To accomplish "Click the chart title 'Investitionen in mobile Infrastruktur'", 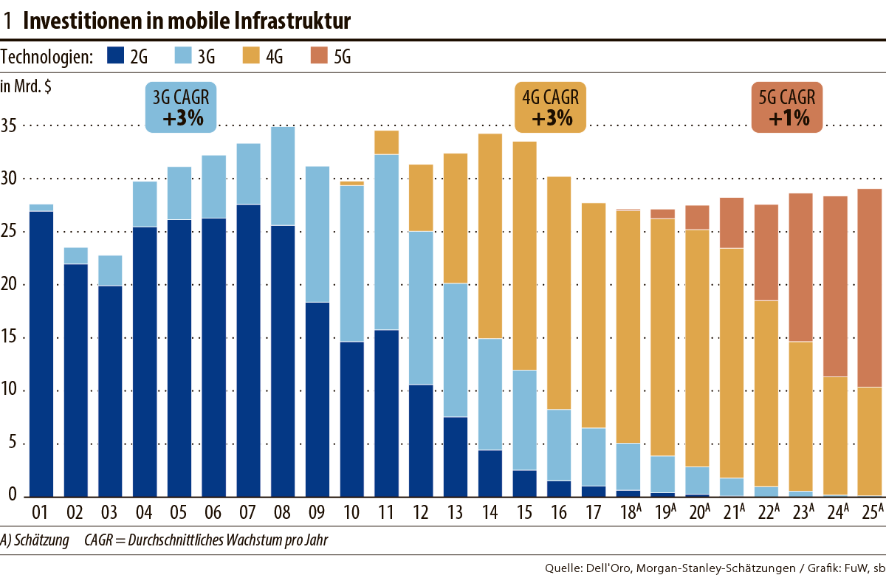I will tap(186, 21).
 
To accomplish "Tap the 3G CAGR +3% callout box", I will tap(180, 108).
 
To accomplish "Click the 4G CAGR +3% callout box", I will tap(550, 108).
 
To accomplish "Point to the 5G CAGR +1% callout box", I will tap(787, 108).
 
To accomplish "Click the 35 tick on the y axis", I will tap(10, 126).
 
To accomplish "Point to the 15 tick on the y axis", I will tap(10, 338).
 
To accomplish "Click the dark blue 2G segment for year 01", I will tap(41, 354).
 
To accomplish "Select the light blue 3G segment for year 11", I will tap(387, 242).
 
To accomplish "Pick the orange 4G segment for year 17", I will tap(594, 315).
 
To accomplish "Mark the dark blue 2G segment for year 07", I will tap(248, 351).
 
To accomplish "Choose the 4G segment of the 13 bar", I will tap(456, 218).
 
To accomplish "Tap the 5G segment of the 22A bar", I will tap(766, 252).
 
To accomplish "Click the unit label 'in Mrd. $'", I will tap(26, 86).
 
